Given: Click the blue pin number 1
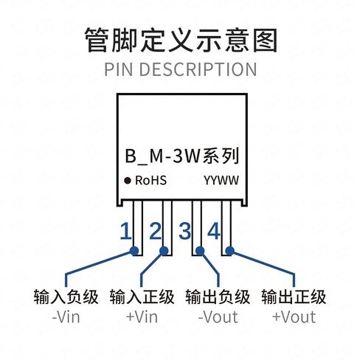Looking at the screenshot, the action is pyautogui.click(x=125, y=231).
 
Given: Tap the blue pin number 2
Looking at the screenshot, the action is pyautogui.click(x=156, y=231).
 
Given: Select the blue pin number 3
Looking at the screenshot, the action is pyautogui.click(x=184, y=231).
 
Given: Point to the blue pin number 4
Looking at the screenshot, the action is pyautogui.click(x=213, y=231).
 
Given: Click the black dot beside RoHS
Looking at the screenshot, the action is pyautogui.click(x=128, y=181).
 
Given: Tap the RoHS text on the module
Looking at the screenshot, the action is pyautogui.click(x=151, y=181).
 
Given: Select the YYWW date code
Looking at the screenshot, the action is pyautogui.click(x=221, y=181).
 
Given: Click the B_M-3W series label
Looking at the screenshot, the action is pyautogui.click(x=182, y=156).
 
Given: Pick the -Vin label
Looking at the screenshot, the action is pyautogui.click(x=66, y=317).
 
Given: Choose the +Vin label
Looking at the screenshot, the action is pyautogui.click(x=142, y=317).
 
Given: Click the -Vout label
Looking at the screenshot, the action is pyautogui.click(x=218, y=317).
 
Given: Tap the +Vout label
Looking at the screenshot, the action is pyautogui.click(x=294, y=317).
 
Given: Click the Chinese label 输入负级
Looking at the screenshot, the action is pyautogui.click(x=66, y=297).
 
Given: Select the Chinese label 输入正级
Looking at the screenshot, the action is pyautogui.click(x=142, y=297).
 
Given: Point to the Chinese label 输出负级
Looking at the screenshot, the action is pyautogui.click(x=218, y=297).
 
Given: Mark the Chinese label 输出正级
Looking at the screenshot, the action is pyautogui.click(x=294, y=297).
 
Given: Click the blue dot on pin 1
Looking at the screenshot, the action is pyautogui.click(x=134, y=251).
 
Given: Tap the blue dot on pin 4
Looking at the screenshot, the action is pyautogui.click(x=229, y=251).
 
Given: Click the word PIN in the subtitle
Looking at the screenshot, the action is pyautogui.click(x=120, y=69).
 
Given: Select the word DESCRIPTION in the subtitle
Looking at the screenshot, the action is pyautogui.click(x=198, y=69).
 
